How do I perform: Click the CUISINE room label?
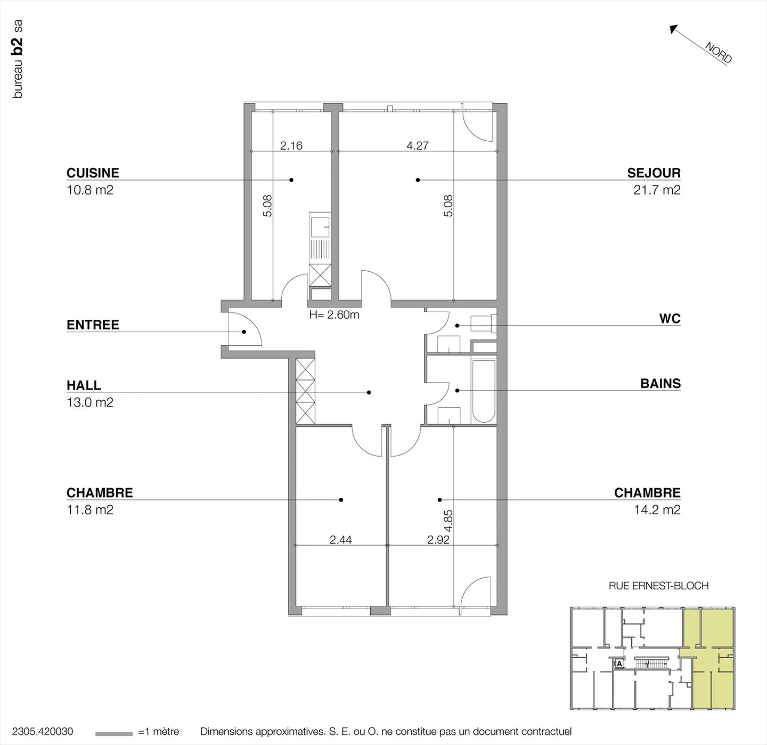coord(93,173)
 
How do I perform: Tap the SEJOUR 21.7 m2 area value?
coord(657,190)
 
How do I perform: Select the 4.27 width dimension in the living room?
coord(417,145)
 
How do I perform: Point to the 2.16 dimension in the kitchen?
coord(291,145)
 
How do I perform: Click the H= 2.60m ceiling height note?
coord(334,315)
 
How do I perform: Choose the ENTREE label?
coord(93,325)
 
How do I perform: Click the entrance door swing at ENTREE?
coord(245,330)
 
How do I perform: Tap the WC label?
coord(670,318)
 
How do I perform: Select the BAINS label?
coord(660,383)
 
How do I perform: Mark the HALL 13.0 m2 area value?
coord(90,402)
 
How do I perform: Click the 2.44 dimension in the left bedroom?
coord(340,540)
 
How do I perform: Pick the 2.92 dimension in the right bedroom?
coord(438,540)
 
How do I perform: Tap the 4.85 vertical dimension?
coord(448,521)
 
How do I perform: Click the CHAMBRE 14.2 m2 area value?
coord(657,509)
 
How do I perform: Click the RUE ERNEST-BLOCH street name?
coord(658,586)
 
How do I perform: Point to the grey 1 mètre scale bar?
coord(113,734)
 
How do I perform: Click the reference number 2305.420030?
coord(43,732)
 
